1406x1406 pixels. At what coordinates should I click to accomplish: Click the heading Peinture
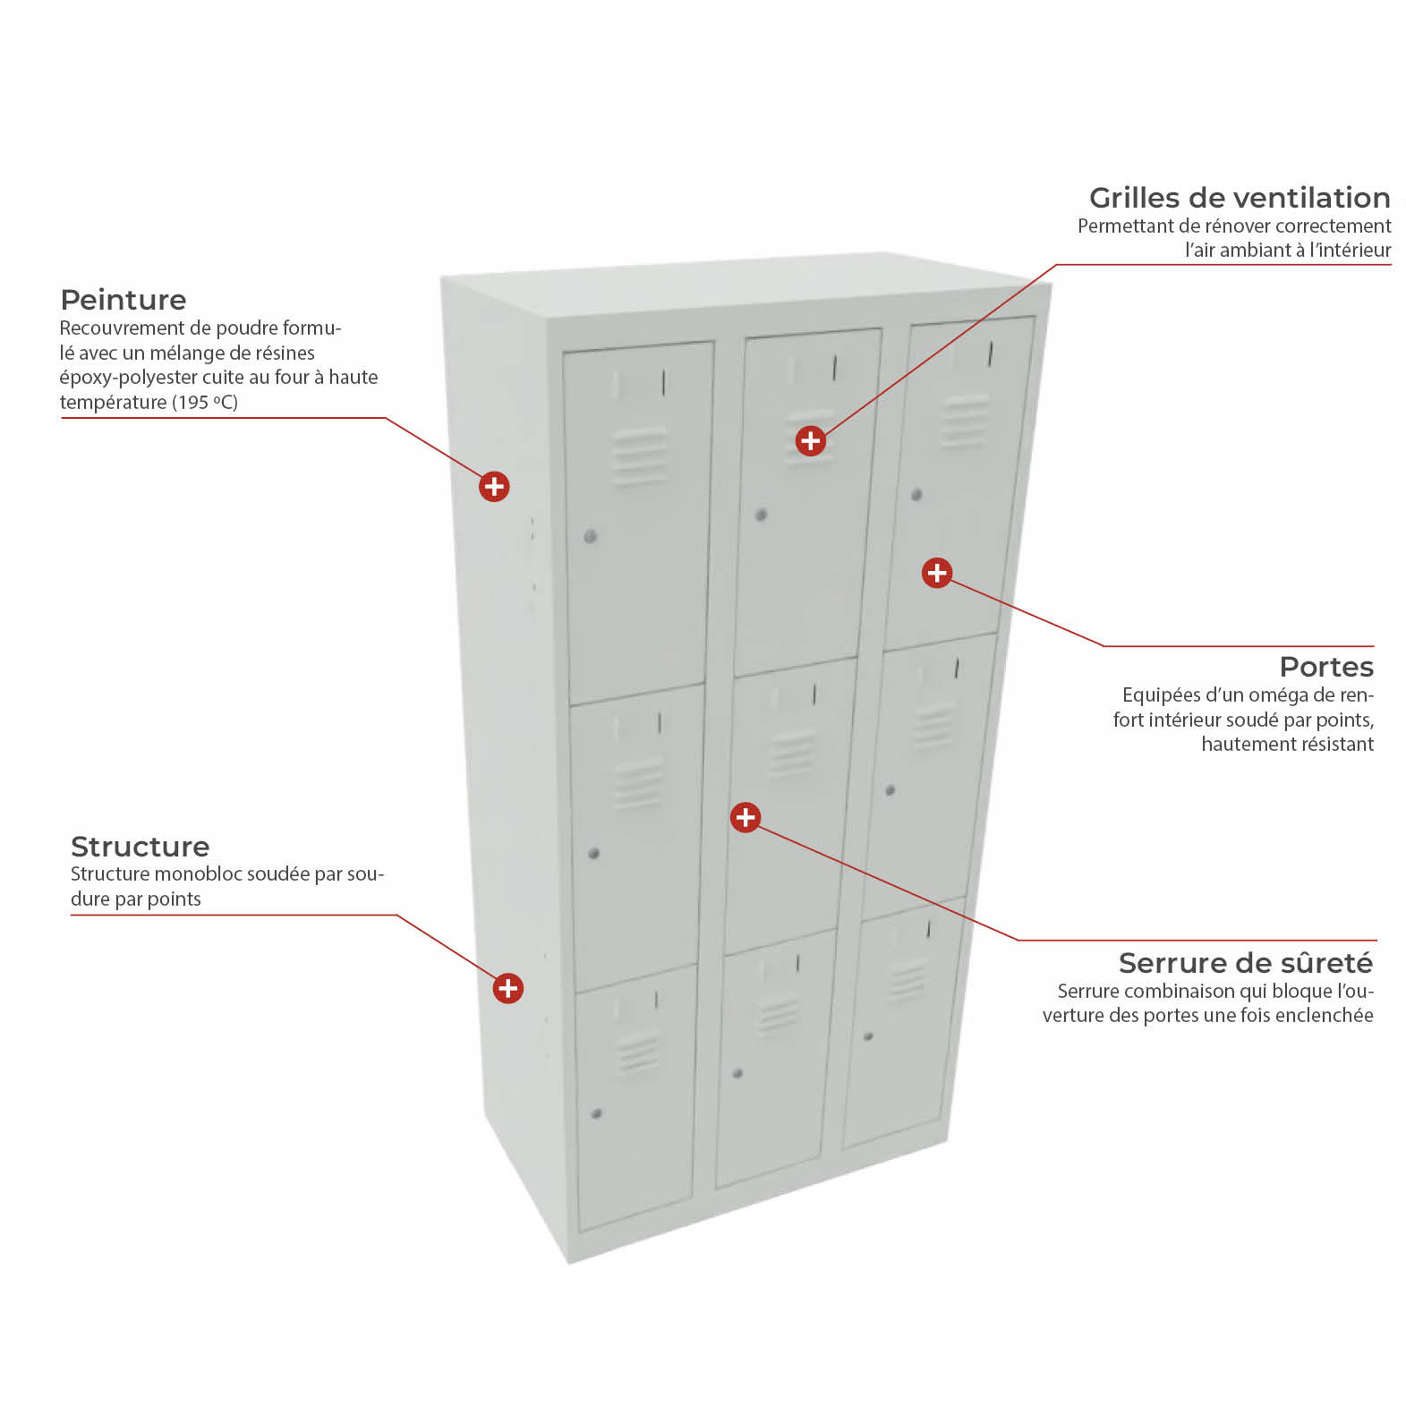124,300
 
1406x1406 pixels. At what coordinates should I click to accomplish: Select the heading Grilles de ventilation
1240,197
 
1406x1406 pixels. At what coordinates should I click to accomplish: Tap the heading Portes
1326,667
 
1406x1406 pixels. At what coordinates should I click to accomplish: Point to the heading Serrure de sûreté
1246,963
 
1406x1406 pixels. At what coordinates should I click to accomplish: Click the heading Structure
140,847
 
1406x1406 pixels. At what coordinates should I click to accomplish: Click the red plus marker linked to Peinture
494,487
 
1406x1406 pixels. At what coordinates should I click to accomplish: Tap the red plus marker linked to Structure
508,988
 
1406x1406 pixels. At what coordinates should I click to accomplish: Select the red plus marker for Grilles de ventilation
811,440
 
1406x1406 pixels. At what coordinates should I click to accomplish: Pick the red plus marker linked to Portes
937,573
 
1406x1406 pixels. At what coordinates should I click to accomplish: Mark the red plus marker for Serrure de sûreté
746,817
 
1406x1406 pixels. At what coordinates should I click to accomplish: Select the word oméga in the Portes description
1278,695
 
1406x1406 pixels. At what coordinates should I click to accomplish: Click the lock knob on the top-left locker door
590,537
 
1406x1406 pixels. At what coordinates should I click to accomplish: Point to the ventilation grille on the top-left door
639,456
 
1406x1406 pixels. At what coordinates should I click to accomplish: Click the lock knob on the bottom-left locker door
597,1113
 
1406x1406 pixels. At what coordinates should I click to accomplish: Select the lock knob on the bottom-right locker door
868,1036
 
